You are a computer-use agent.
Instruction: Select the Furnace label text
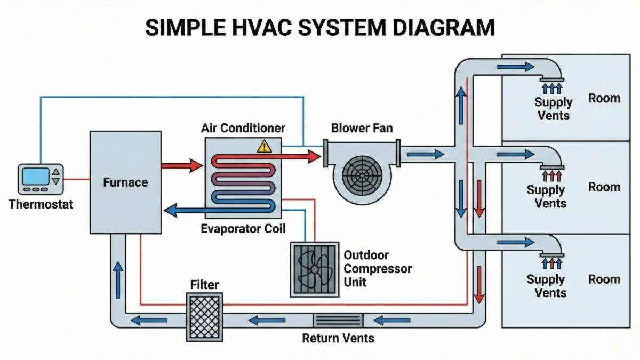(x=125, y=182)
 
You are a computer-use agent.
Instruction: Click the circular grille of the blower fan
(x=362, y=173)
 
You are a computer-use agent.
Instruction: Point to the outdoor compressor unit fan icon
(x=314, y=269)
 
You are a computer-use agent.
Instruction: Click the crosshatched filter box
(x=204, y=317)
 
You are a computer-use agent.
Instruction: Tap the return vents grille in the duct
(x=337, y=321)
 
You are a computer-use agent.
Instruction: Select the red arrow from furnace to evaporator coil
(x=181, y=165)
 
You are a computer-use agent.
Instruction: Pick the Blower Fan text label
(x=362, y=128)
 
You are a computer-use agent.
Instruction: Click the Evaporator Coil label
(x=243, y=229)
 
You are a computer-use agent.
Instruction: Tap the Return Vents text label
(x=338, y=338)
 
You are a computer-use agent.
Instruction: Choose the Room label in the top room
(x=604, y=98)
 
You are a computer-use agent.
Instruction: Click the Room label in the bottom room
(x=604, y=279)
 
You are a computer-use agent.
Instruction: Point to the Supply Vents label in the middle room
(x=546, y=196)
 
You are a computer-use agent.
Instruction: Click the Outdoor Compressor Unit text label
(x=378, y=268)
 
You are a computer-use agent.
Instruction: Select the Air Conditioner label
(x=243, y=128)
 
